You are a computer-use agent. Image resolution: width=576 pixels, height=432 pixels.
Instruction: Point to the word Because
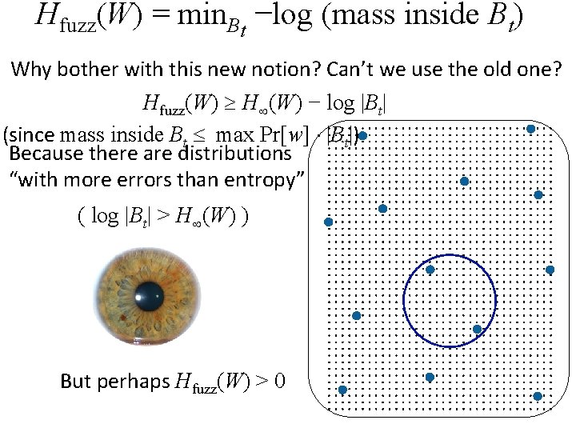click(x=46, y=152)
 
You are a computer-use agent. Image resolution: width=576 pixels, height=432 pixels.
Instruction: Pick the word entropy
click(x=258, y=180)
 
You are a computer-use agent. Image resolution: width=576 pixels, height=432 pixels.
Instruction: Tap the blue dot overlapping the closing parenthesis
click(x=362, y=136)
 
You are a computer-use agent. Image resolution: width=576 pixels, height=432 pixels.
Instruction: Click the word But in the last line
click(x=75, y=381)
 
